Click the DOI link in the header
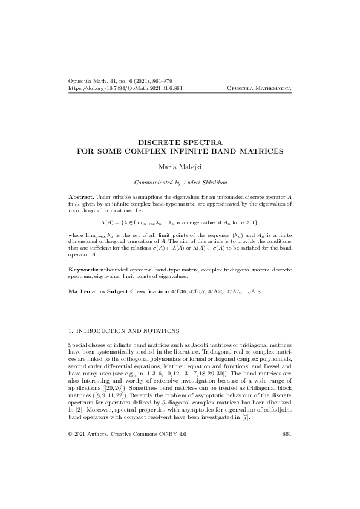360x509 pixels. pyautogui.click(x=126, y=88)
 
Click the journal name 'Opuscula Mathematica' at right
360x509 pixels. pyautogui.click(x=259, y=88)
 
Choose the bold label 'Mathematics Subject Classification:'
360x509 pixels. pyautogui.click(x=119, y=291)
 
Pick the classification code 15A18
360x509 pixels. pyautogui.click(x=253, y=291)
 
